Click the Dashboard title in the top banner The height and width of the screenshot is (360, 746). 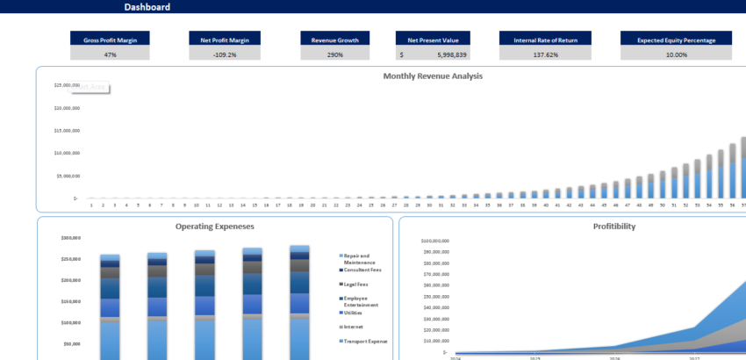pyautogui.click(x=147, y=7)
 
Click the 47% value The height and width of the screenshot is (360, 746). pyautogui.click(x=111, y=54)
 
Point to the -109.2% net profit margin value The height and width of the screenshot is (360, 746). pyautogui.click(x=225, y=54)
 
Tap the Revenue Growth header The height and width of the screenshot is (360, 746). pyautogui.click(x=335, y=40)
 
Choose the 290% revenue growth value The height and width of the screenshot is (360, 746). pyautogui.click(x=335, y=54)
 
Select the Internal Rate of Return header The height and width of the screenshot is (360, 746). pyautogui.click(x=545, y=40)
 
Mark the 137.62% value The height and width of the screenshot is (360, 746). pyautogui.click(x=545, y=54)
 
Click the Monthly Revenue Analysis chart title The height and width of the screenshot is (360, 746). pyautogui.click(x=433, y=76)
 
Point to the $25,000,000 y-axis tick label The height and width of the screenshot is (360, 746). pyautogui.click(x=67, y=86)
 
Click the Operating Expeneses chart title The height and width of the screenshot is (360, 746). pyautogui.click(x=215, y=227)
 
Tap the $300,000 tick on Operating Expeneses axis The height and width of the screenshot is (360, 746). pyautogui.click(x=71, y=239)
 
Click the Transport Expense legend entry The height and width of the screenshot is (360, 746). pyautogui.click(x=364, y=341)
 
